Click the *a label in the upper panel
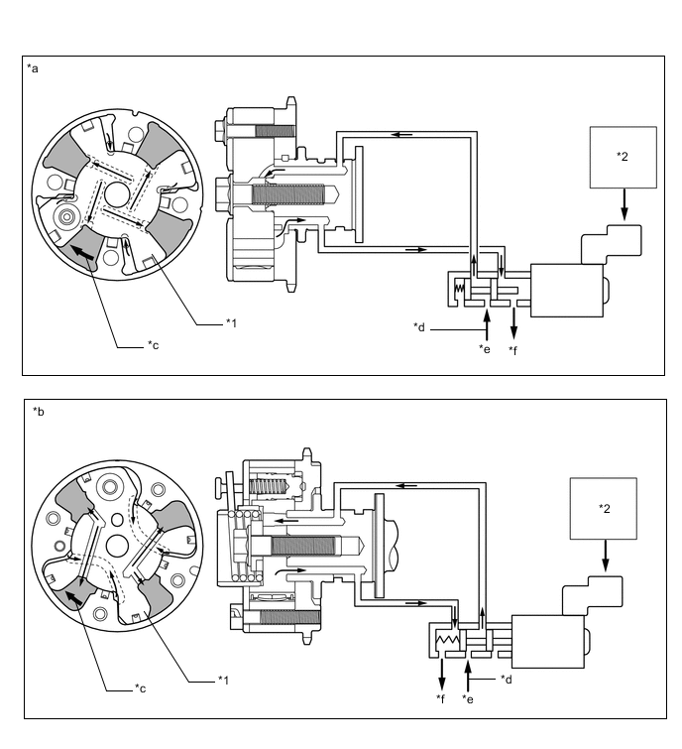coord(35,68)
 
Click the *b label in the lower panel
coord(38,411)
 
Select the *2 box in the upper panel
coord(622,157)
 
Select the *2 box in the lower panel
coord(604,508)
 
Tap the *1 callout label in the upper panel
coord(233,321)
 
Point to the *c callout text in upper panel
coord(154,344)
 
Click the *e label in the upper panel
coord(484,349)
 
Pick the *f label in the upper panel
coord(513,349)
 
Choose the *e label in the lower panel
coord(469,698)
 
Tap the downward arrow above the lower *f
coord(441,675)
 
